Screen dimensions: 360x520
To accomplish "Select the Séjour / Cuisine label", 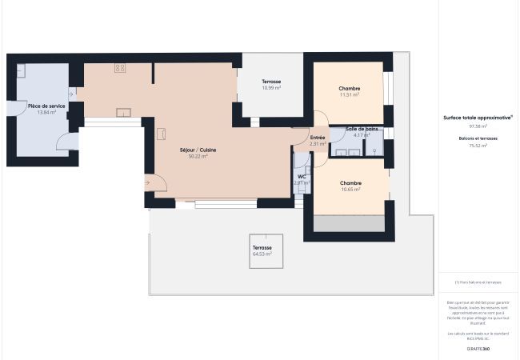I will click(x=198, y=150).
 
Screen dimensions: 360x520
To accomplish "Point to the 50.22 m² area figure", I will click(x=198, y=157).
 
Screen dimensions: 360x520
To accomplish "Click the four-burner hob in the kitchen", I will click(x=120, y=68).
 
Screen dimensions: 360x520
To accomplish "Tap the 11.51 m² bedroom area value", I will click(x=350, y=95).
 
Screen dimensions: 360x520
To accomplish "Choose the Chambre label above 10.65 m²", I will click(x=350, y=182).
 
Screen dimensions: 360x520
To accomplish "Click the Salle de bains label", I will click(x=362, y=129).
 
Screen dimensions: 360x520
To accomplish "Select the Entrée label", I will click(x=318, y=138).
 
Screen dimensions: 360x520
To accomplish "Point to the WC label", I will click(x=302, y=176).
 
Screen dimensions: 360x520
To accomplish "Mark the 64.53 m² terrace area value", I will click(x=262, y=254).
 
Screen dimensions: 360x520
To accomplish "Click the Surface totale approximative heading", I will click(x=478, y=117).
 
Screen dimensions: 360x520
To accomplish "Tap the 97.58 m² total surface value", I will click(x=478, y=126).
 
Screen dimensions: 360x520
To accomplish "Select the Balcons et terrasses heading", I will click(x=478, y=138).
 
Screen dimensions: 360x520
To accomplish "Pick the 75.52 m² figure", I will click(x=478, y=146).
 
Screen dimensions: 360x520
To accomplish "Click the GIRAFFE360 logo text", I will click(x=478, y=349).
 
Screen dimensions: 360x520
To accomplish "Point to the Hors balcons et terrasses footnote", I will click(x=478, y=282).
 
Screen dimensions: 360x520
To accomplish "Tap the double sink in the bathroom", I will click(x=346, y=151).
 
